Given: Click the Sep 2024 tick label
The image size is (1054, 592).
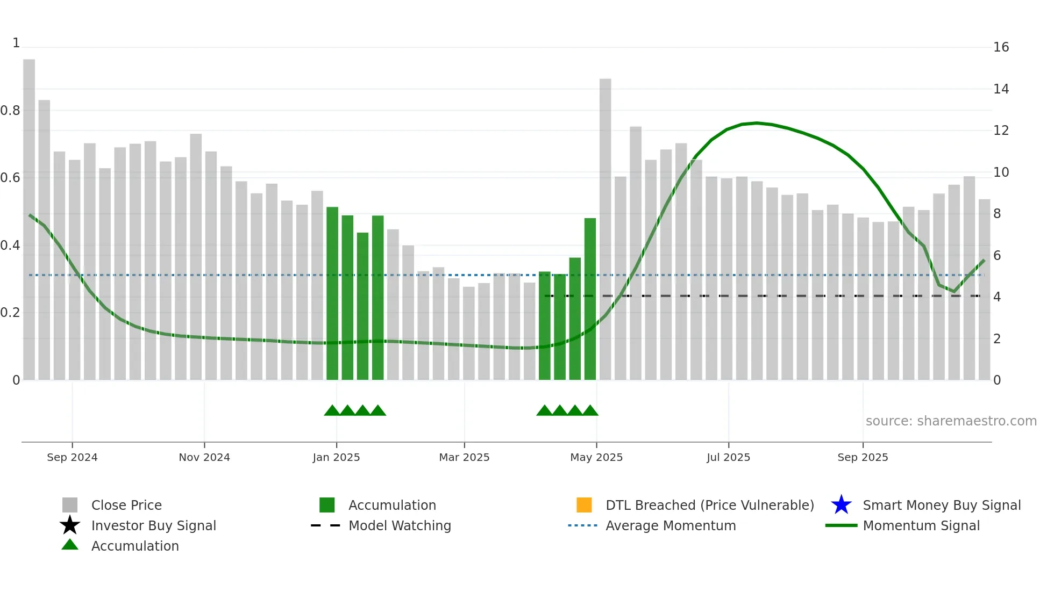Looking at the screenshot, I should pos(72,457).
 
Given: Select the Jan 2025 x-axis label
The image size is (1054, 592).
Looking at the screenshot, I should pos(336,457).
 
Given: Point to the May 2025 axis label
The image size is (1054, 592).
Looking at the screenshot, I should pos(596,457).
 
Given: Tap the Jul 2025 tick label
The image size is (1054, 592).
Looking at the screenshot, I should pos(728,457).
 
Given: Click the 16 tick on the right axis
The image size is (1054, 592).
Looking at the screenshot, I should pos(1001,47).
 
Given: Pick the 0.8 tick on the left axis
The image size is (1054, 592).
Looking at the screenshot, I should pos(10,111).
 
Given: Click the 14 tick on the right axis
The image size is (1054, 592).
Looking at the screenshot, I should pos(1001,89).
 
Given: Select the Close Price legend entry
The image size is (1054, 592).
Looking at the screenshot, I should pos(126,505).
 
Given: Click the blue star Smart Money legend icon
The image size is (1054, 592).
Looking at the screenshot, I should pos(841,505).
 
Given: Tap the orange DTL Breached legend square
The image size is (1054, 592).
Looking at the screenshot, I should pos(584,505).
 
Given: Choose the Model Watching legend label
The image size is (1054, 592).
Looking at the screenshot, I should pos(400,525).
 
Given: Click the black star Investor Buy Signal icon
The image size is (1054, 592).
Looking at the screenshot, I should pos(70,525).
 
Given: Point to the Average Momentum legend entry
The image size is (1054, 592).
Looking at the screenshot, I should pos(671,525).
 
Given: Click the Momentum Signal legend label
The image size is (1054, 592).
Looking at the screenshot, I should pos(921,525).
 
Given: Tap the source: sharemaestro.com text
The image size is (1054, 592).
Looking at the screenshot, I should pos(951,421).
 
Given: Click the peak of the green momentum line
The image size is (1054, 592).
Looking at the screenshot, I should pos(757,123).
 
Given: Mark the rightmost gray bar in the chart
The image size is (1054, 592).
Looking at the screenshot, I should pos(984,290).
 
